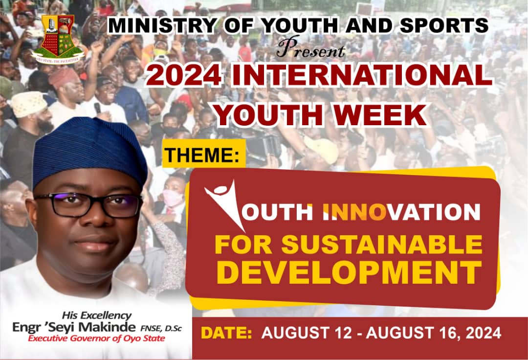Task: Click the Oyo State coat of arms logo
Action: coord(58,39)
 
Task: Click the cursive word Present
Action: coord(310,48)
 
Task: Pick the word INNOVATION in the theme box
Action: coord(401,212)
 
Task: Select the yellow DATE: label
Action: coord(226,333)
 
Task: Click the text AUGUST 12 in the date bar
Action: coord(306,333)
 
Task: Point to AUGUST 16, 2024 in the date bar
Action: coord(434,333)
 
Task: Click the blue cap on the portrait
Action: coord(90,150)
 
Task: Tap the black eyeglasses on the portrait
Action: coord(88,204)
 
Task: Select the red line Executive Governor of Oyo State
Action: coord(96,338)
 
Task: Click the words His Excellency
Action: coord(97,315)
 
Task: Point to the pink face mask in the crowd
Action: coord(173,198)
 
